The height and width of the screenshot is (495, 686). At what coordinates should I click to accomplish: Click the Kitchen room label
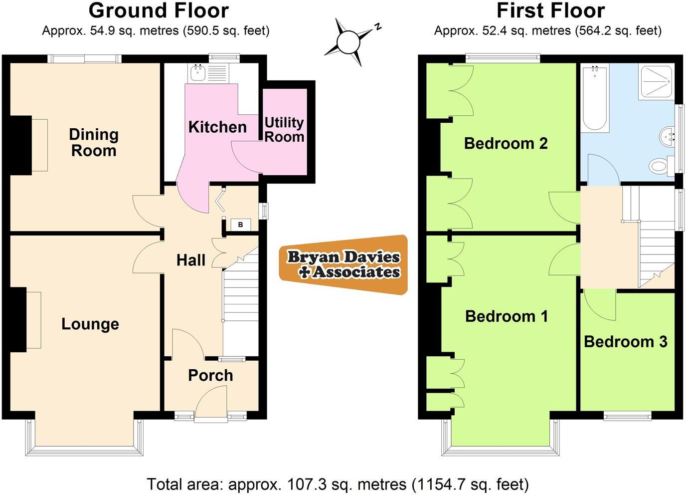coord(217,127)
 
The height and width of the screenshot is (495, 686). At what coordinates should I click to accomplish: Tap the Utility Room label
coord(284,130)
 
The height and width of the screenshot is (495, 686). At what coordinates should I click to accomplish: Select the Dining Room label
coord(94,142)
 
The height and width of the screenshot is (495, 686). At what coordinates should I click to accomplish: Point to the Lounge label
coord(90,324)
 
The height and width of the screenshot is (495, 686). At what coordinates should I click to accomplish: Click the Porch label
coord(210,375)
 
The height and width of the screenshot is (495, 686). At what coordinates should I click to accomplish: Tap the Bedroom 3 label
coord(625,341)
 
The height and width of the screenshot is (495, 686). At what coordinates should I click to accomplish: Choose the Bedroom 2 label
coord(506,143)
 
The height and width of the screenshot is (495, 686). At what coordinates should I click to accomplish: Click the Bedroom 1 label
coord(507,316)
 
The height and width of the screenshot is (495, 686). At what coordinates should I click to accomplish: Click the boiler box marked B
coord(240,225)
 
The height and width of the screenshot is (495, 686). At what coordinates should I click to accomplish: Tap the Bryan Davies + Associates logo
coord(344,264)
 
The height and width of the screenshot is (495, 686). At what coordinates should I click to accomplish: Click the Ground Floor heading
coord(159,10)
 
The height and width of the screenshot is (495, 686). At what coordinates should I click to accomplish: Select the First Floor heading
coord(550,10)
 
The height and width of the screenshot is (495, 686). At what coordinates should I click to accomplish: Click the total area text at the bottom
coord(338,484)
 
